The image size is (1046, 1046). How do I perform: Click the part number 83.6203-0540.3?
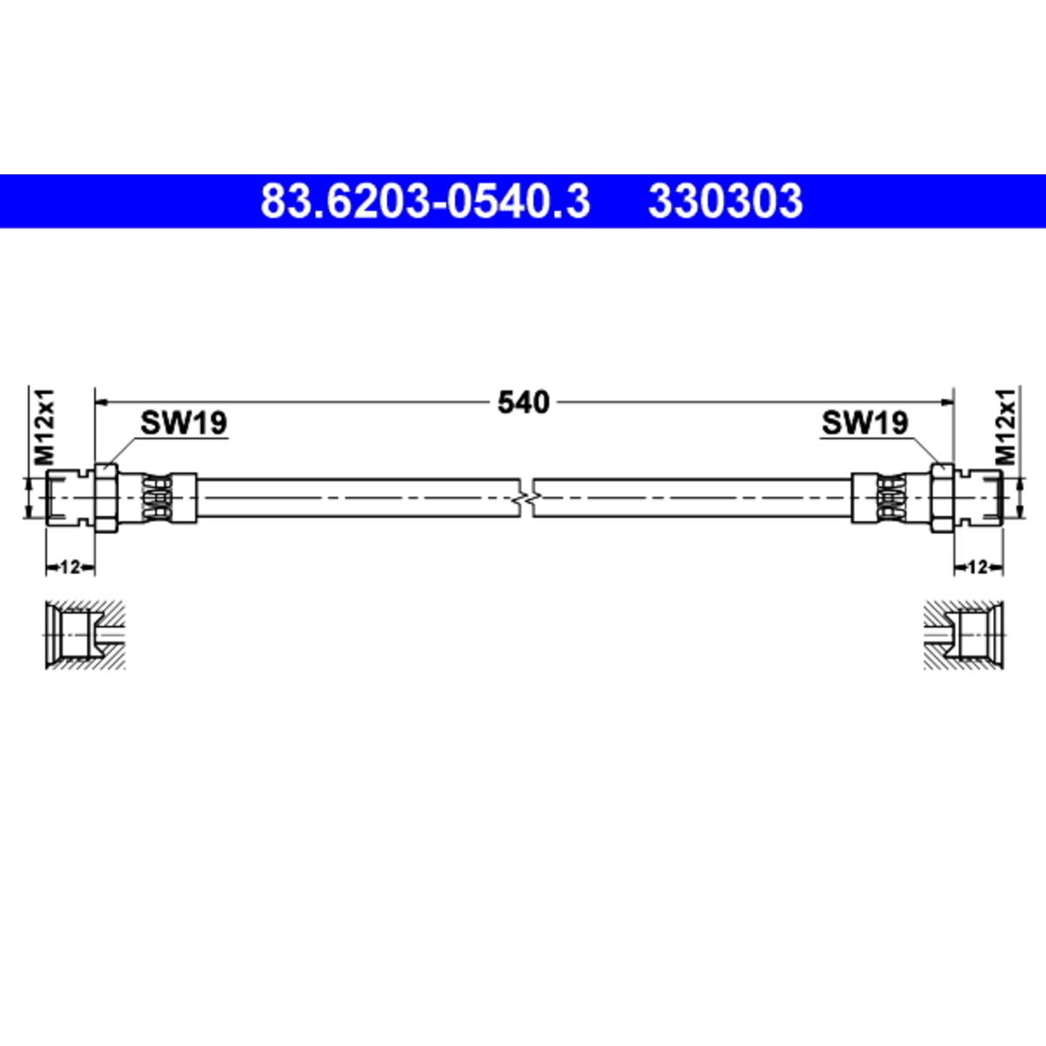(425, 201)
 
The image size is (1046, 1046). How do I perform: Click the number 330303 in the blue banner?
(725, 201)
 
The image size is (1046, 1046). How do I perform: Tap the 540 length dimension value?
(523, 402)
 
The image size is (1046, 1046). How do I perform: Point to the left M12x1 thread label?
(44, 426)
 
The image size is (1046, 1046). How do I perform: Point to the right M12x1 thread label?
(1006, 426)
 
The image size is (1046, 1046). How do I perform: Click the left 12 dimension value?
(70, 567)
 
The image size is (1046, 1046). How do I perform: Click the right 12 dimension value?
(978, 567)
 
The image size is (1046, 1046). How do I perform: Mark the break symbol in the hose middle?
(526, 497)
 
